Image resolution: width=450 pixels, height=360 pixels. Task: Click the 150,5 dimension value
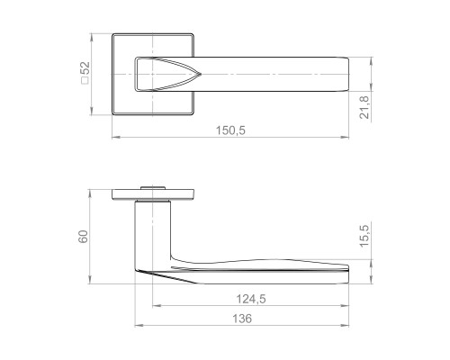(230, 130)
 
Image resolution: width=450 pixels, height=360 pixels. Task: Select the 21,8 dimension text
(364, 107)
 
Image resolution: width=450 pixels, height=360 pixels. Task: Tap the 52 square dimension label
(86, 68)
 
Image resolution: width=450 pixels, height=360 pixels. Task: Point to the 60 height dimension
(83, 237)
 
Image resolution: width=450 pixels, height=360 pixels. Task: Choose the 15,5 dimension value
(364, 236)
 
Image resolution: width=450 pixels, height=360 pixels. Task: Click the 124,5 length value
(251, 299)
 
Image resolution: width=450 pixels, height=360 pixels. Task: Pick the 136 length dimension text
(242, 319)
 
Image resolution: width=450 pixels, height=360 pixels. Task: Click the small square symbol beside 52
(85, 81)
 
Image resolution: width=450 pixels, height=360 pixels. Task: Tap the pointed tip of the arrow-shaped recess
(201, 74)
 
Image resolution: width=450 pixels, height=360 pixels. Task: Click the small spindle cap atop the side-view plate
(153, 188)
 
